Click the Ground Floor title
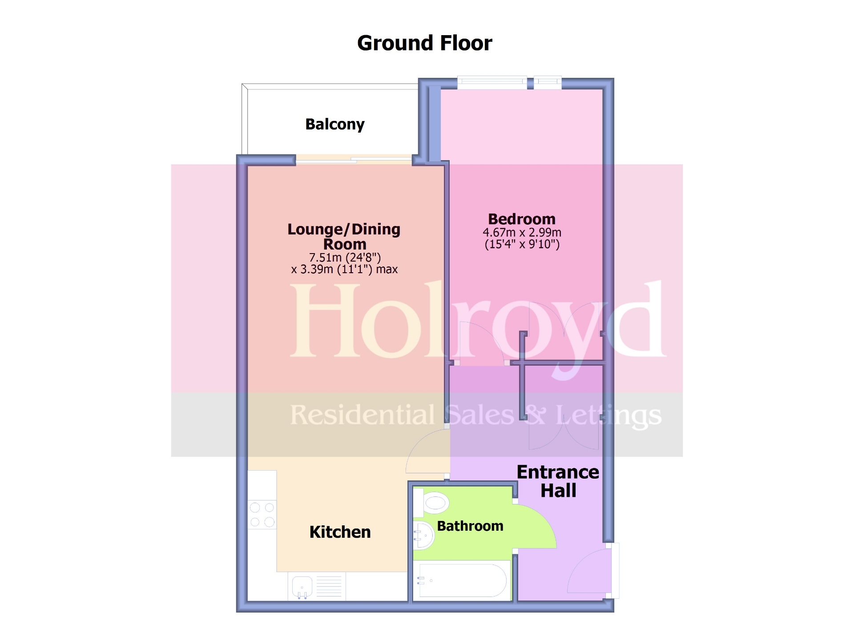pyautogui.click(x=424, y=43)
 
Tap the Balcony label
pyautogui.click(x=334, y=124)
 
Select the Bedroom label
pyautogui.click(x=522, y=219)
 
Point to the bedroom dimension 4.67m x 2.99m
pyautogui.click(x=522, y=232)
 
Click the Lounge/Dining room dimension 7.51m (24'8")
pyautogui.click(x=345, y=257)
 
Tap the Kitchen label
pyautogui.click(x=340, y=532)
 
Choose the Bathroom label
pyautogui.click(x=470, y=526)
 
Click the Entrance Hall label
pyautogui.click(x=558, y=481)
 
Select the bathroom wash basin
pyautogui.click(x=423, y=536)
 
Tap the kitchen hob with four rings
pyautogui.click(x=262, y=515)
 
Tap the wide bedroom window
pyautogui.click(x=492, y=81)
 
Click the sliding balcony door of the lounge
pyautogui.click(x=354, y=160)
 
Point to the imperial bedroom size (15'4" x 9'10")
pyautogui.click(x=522, y=244)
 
